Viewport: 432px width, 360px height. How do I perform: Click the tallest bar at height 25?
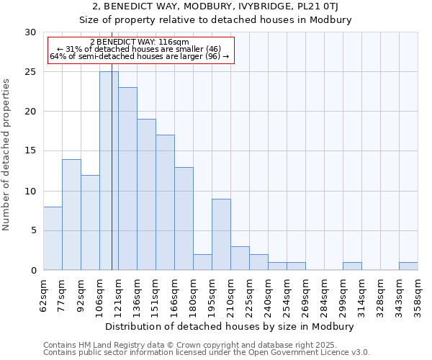[x=109, y=171]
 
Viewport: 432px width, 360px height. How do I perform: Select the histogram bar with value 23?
[x=127, y=179]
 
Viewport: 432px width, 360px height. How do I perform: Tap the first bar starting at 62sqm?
[x=53, y=238]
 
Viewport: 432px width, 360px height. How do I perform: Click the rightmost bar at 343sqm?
[x=408, y=266]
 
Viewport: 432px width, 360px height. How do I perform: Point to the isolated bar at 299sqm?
[x=352, y=266]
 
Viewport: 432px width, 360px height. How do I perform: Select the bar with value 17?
[x=165, y=202]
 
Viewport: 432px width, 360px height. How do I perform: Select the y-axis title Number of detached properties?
[x=6, y=155]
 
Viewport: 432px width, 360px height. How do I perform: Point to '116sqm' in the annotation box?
[x=174, y=42]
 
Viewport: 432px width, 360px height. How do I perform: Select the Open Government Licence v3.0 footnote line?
[x=207, y=353]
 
